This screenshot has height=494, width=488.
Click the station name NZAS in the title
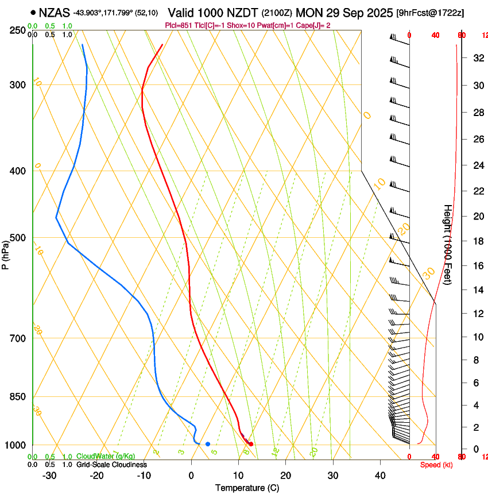[x=54, y=11]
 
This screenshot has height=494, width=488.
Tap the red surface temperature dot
[x=251, y=444]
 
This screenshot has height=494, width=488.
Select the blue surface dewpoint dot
[x=208, y=444]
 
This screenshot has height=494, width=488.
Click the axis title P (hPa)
[x=6, y=253]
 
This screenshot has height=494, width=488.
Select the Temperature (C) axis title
[x=247, y=488]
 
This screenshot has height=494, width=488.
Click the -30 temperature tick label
[x=49, y=476]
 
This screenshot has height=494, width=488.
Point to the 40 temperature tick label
[x=380, y=476]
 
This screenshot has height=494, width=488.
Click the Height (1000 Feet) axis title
[x=447, y=244]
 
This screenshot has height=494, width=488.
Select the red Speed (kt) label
[x=436, y=465]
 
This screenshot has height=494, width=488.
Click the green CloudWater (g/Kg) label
[x=106, y=457]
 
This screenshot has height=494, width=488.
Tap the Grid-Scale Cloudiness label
[x=111, y=465]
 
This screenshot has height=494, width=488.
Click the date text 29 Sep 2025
[x=356, y=12]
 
